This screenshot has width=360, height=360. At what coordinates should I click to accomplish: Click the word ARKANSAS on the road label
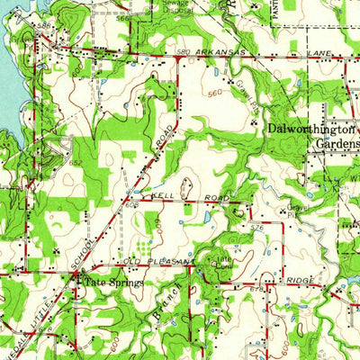[222, 53]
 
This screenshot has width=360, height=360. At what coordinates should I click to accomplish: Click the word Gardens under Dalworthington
[334, 144]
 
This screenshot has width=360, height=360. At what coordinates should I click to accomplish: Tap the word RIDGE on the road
[301, 281]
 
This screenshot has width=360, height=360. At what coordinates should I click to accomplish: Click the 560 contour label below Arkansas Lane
[213, 93]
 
